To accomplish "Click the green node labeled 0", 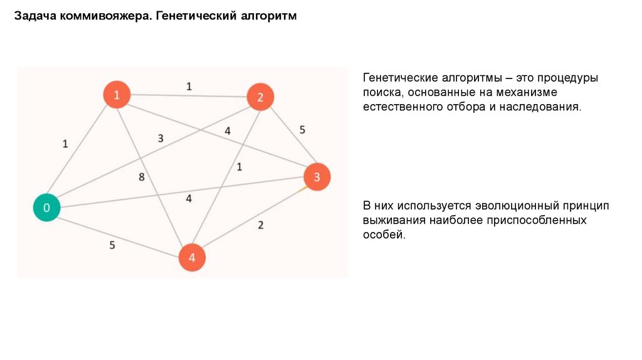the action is coord(46,208).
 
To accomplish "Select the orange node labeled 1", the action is coord(117,95).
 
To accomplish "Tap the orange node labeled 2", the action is coord(260,97).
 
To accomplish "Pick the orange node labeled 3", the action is coord(317,177).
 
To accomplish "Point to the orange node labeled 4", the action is coord(192,257).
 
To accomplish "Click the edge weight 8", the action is coord(142,177).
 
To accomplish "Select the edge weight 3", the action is coord(160,138).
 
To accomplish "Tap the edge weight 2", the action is coord(261,225).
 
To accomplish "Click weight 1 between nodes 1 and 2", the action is coord(189,87).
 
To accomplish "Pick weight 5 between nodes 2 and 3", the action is coord(302,130).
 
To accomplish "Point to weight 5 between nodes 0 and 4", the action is coord(112,245).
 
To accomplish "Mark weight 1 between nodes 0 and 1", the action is coord(65,144).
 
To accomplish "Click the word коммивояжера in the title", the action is coord(105,17).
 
